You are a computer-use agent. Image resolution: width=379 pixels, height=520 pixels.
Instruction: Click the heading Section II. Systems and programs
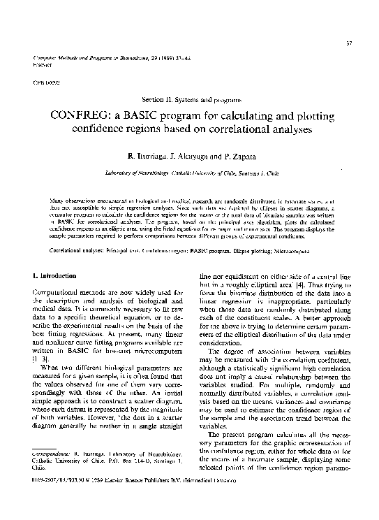pyautogui.click(x=190, y=101)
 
